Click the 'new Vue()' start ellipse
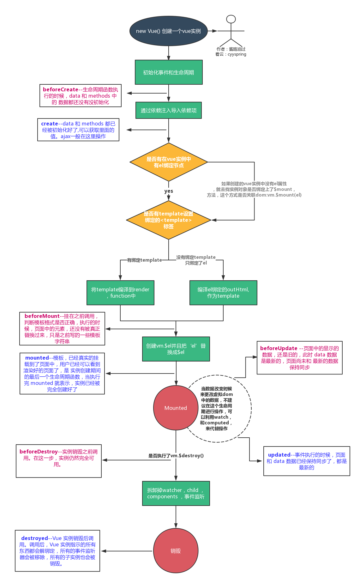coord(168,31)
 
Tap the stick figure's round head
coord(231,19)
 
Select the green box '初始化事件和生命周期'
coord(169,72)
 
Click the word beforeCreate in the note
coord(60,90)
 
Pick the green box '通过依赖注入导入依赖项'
coord(169,110)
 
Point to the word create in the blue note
coord(50,124)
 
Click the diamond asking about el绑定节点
coord(169,162)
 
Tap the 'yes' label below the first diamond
coord(169,191)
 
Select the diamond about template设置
coord(168,220)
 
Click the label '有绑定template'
coord(144,260)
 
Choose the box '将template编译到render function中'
coord(120,293)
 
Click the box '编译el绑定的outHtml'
coord(223,293)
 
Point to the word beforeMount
coord(42,316)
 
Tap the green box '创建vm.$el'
coord(176,349)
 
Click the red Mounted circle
coord(176,408)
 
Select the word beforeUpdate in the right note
coord(279,349)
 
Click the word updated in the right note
coord(279,455)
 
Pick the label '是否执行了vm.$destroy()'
coord(176,456)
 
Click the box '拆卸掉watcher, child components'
coord(176,493)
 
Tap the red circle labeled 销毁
coord(176,551)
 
